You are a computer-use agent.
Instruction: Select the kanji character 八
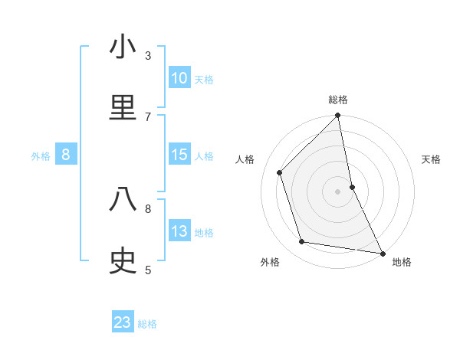[123, 200]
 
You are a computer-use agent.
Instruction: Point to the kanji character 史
[123, 261]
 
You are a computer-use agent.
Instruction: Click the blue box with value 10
[179, 78]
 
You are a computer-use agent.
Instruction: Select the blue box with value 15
[179, 155]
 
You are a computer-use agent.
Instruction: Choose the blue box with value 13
[179, 231]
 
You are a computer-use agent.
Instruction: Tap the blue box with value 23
[123, 322]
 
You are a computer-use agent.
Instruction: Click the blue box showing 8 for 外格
[66, 155]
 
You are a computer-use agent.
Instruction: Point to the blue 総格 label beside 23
[147, 324]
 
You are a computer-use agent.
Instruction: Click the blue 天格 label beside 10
[204, 79]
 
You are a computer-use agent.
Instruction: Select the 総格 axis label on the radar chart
[338, 100]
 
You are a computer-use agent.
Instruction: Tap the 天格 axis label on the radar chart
[432, 159]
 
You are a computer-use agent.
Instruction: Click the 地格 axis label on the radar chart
[402, 263]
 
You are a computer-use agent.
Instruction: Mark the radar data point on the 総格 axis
[338, 116]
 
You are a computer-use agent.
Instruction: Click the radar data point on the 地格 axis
[382, 253]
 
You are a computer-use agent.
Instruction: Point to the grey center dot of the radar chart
[338, 191]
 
